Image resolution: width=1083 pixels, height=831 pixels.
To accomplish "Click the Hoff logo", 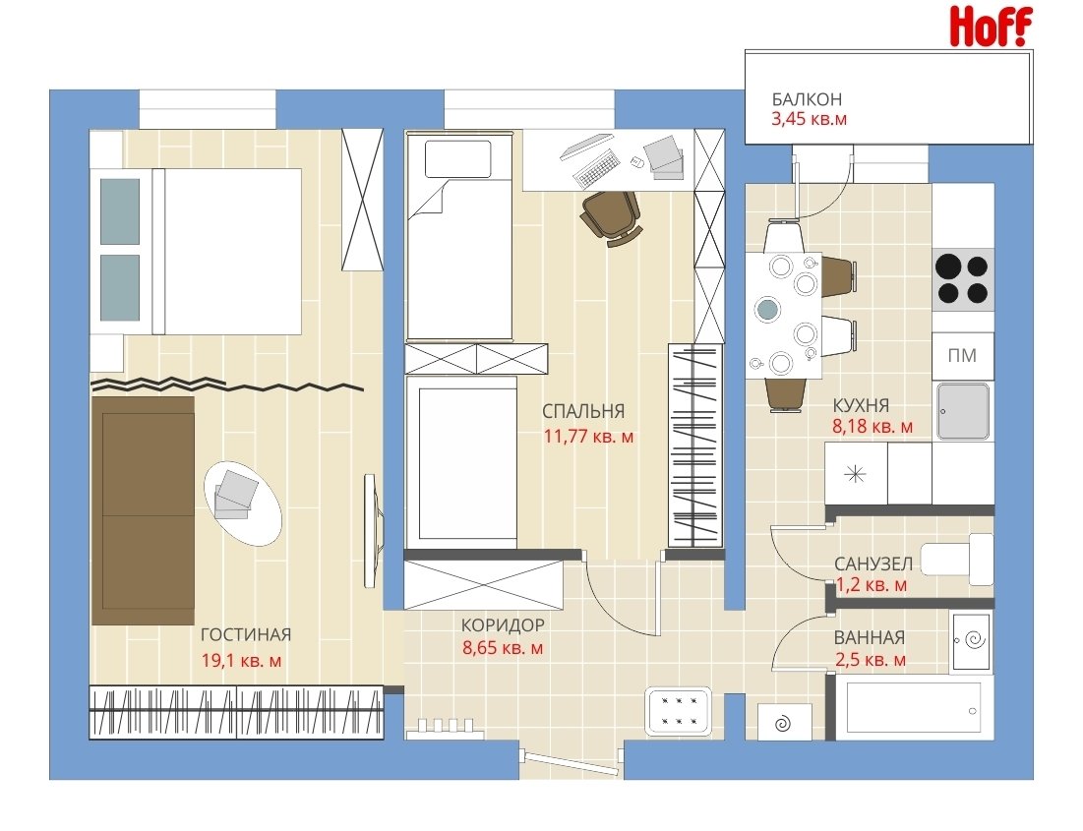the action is (x=991, y=27).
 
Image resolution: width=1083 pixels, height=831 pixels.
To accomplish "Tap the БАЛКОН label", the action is (x=807, y=99).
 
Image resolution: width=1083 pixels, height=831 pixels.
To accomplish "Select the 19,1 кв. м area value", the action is (x=241, y=661).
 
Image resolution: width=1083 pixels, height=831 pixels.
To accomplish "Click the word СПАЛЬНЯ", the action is (x=583, y=412).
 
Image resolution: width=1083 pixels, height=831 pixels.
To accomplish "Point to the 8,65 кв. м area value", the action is (x=502, y=648).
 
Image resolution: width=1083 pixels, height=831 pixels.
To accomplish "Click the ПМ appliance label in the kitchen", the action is (x=962, y=356).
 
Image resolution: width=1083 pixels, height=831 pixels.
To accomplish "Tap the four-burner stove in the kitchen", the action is (x=963, y=279).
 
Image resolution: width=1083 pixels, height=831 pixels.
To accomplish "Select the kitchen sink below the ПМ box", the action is (x=963, y=412).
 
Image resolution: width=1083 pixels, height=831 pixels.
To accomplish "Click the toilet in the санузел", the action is (x=957, y=559).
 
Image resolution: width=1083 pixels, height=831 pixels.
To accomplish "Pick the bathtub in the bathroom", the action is (x=914, y=707).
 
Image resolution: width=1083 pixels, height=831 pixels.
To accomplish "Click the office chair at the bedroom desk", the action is (x=612, y=217).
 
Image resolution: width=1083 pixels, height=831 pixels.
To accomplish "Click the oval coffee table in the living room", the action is (x=243, y=503).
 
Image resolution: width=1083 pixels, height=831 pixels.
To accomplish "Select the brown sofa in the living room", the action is (x=143, y=510).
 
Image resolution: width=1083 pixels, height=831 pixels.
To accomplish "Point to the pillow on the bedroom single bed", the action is (x=458, y=159).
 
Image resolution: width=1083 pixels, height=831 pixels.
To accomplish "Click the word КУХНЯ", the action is (x=861, y=405).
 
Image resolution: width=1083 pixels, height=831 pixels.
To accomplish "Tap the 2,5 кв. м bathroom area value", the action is (x=871, y=660).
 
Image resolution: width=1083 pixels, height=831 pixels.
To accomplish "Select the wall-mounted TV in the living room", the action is (x=372, y=531).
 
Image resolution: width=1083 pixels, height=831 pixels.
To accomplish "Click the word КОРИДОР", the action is (x=503, y=625).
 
